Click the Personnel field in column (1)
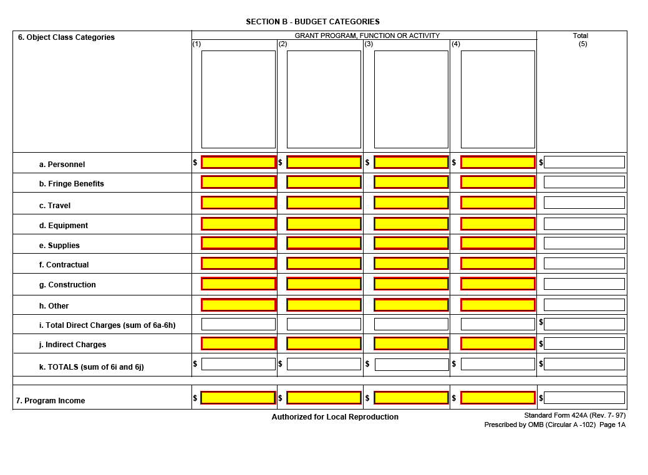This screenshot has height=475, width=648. (238, 162)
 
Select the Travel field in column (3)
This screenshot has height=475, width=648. (411, 203)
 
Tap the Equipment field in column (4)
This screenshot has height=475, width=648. (498, 224)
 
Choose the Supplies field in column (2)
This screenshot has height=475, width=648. (324, 243)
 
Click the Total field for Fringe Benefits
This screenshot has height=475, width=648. (584, 182)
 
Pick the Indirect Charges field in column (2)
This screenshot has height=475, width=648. (324, 343)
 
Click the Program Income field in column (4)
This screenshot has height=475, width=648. (498, 398)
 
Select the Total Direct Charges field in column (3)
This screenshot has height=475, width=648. (411, 324)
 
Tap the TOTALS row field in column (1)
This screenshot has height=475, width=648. (238, 364)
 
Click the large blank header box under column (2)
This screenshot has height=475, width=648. (324, 99)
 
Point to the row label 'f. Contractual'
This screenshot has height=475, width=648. (64, 265)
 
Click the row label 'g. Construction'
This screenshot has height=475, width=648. (67, 285)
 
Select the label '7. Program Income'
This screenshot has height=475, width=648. (51, 401)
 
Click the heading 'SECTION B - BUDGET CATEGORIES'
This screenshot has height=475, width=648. (312, 22)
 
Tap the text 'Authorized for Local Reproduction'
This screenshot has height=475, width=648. (335, 417)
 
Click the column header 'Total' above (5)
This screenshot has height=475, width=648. (581, 36)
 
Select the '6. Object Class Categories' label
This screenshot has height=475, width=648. (66, 37)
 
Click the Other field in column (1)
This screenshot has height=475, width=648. (238, 305)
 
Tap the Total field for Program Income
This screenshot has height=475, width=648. (584, 398)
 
